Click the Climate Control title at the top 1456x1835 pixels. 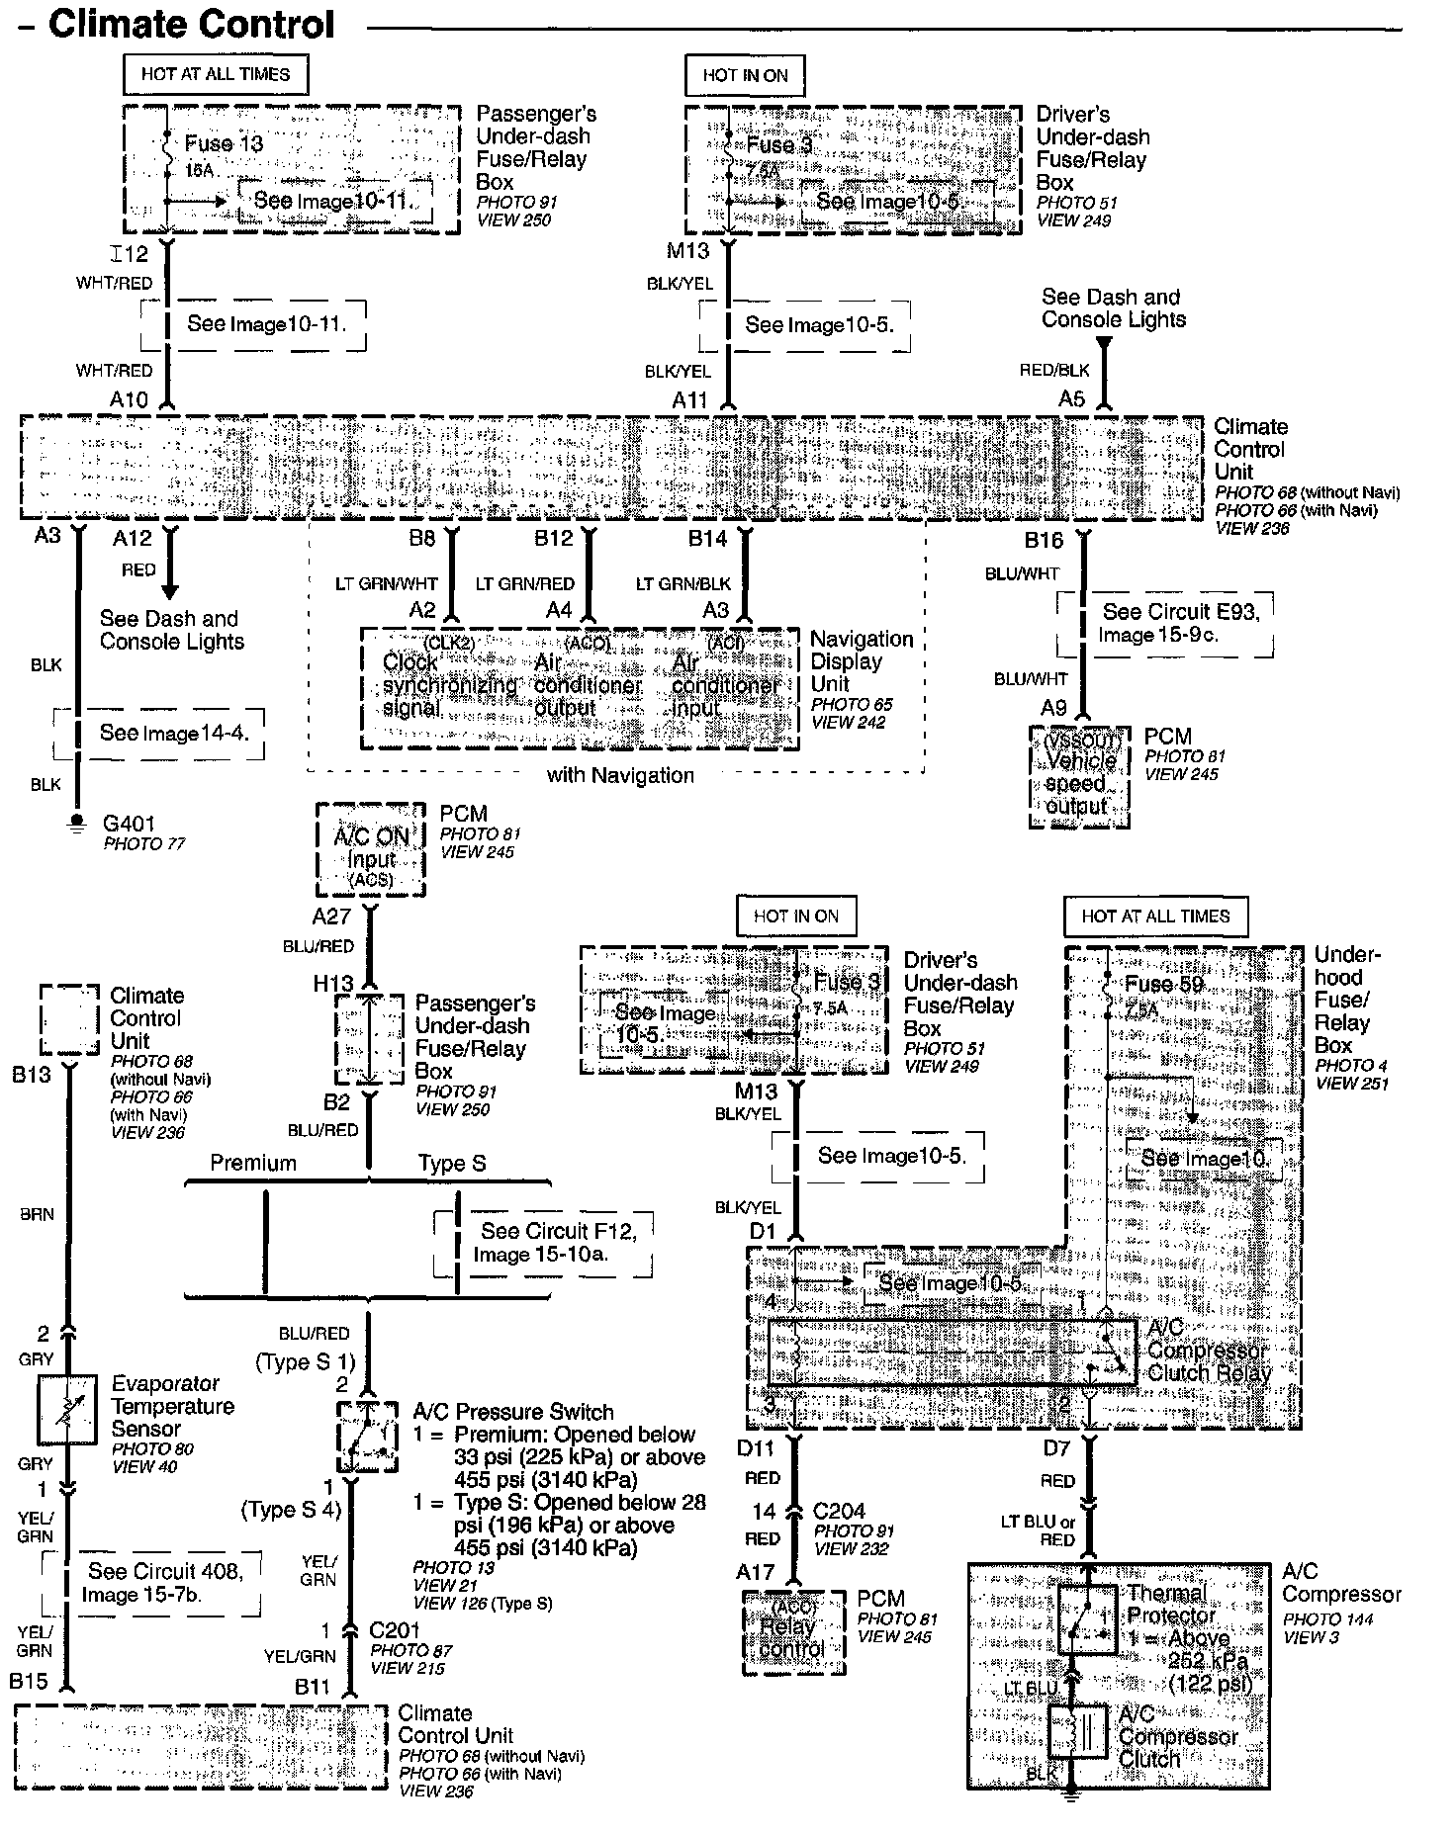tap(192, 25)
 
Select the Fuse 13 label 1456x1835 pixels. tap(224, 143)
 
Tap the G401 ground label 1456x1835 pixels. tap(129, 823)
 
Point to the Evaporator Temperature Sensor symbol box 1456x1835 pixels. tap(67, 1409)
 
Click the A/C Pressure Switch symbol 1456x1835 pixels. tap(368, 1437)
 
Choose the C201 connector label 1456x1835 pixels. tap(395, 1630)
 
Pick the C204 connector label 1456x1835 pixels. tap(839, 1511)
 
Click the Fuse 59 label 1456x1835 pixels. tap(1164, 984)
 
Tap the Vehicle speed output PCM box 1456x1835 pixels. tap(1079, 777)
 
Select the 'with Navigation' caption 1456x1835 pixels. tap(620, 775)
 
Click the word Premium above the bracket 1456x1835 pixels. tap(253, 1163)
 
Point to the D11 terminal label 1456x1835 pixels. tap(756, 1448)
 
